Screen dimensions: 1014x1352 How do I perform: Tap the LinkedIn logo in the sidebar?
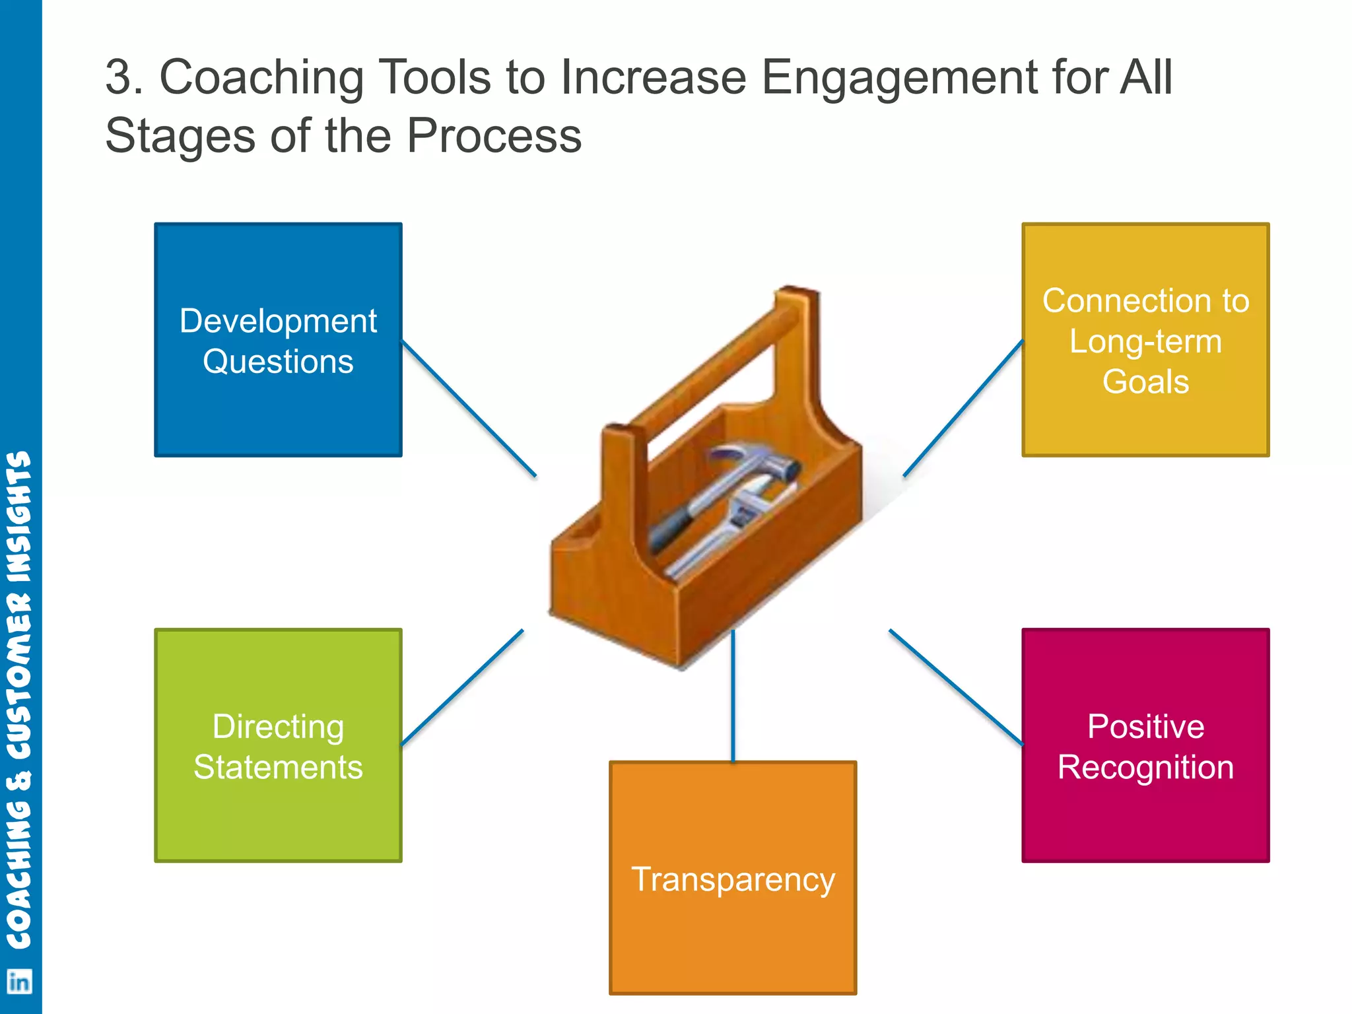click(19, 982)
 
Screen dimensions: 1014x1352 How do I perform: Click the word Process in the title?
click(494, 136)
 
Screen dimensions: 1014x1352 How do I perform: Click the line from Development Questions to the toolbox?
click(469, 408)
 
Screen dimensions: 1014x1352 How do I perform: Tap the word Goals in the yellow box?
click(1145, 382)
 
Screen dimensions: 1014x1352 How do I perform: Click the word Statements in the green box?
click(278, 767)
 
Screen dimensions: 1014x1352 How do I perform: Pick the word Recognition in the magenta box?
click(1145, 767)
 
